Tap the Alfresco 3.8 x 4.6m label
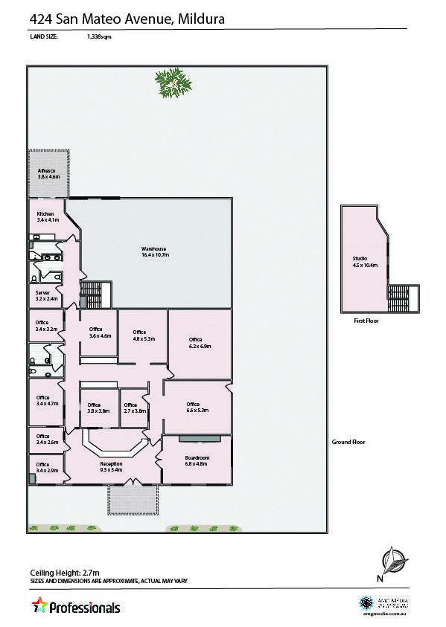48,174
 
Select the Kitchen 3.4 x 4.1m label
47,216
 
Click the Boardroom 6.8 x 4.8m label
197,460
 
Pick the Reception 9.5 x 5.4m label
111,467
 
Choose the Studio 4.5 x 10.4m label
365,262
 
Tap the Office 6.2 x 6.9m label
200,343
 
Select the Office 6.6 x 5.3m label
197,407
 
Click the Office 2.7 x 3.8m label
135,408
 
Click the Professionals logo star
39,605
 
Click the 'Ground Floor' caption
348,443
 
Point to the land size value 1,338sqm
98,36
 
